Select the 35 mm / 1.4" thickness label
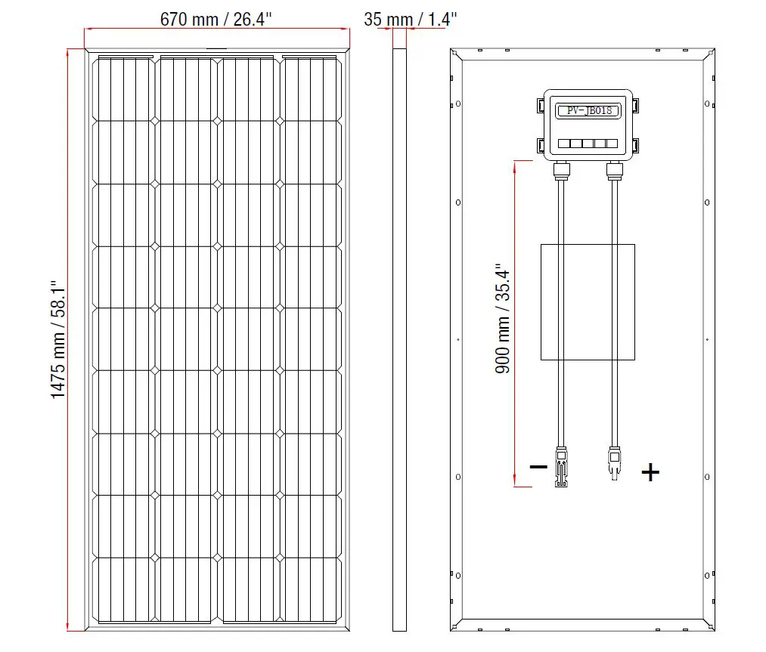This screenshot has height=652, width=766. [x=411, y=19]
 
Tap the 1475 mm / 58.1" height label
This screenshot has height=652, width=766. [x=60, y=340]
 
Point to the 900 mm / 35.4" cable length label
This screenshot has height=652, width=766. [x=503, y=318]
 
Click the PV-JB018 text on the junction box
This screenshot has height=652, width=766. [x=588, y=110]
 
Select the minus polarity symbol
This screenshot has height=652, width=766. [x=538, y=467]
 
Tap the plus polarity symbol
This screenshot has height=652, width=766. [x=650, y=473]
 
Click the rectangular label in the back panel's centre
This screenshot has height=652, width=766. [x=588, y=301]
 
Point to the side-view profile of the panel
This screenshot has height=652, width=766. [x=399, y=340]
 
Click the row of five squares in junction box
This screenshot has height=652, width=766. [x=588, y=143]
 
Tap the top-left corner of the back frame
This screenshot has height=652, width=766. [x=456, y=55]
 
